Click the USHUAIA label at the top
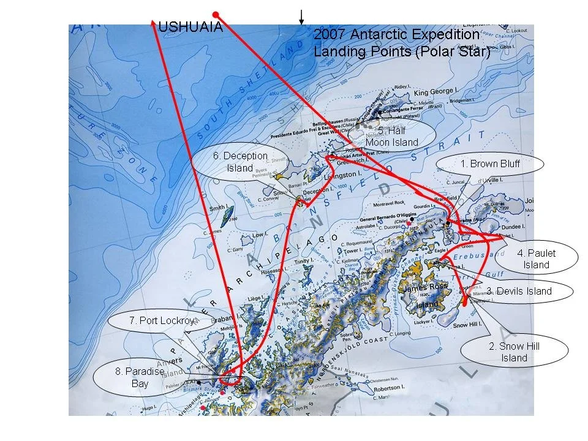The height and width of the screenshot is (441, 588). click(x=190, y=28)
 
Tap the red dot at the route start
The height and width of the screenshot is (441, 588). click(x=215, y=14)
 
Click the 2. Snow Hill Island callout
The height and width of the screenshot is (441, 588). click(x=514, y=352)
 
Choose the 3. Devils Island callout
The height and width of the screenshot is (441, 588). click(x=522, y=291)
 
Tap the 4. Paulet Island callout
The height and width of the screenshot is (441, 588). click(x=536, y=259)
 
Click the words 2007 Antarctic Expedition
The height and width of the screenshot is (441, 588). click(x=396, y=35)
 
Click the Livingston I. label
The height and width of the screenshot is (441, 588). click(x=336, y=176)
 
